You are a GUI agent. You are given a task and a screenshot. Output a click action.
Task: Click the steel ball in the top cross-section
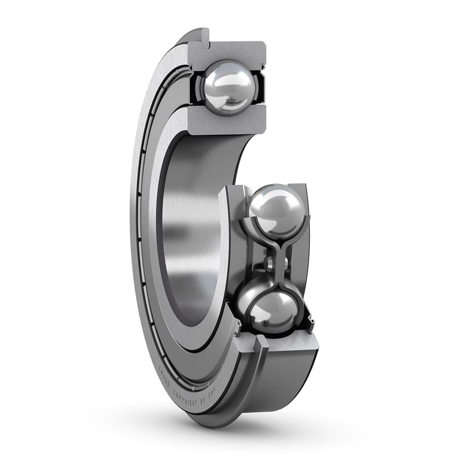pos(228,87)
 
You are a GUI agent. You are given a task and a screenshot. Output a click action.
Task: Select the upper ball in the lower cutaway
pos(276,210)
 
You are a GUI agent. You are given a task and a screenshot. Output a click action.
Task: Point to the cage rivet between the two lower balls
pos(270,264)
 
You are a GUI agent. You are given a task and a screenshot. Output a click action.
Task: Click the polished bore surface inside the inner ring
pos(186,233)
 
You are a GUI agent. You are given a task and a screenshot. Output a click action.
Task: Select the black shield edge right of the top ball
pos(260,87)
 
